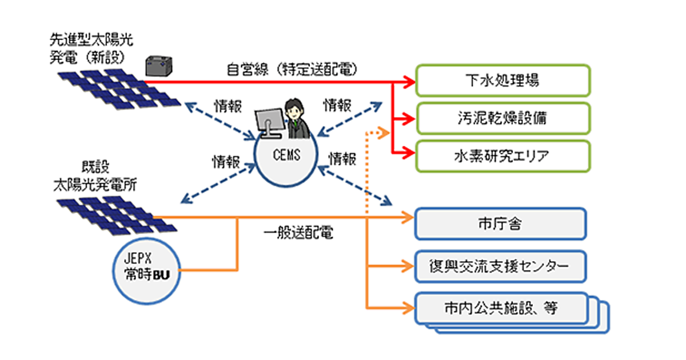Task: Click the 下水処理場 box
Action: point(502,81)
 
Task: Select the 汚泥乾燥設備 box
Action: point(502,119)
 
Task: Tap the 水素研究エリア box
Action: point(502,155)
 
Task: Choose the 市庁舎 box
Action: point(501,223)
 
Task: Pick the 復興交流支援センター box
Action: point(501,266)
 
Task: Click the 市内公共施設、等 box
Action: point(501,309)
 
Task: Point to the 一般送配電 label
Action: point(298,234)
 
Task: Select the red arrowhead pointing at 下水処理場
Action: point(409,81)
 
